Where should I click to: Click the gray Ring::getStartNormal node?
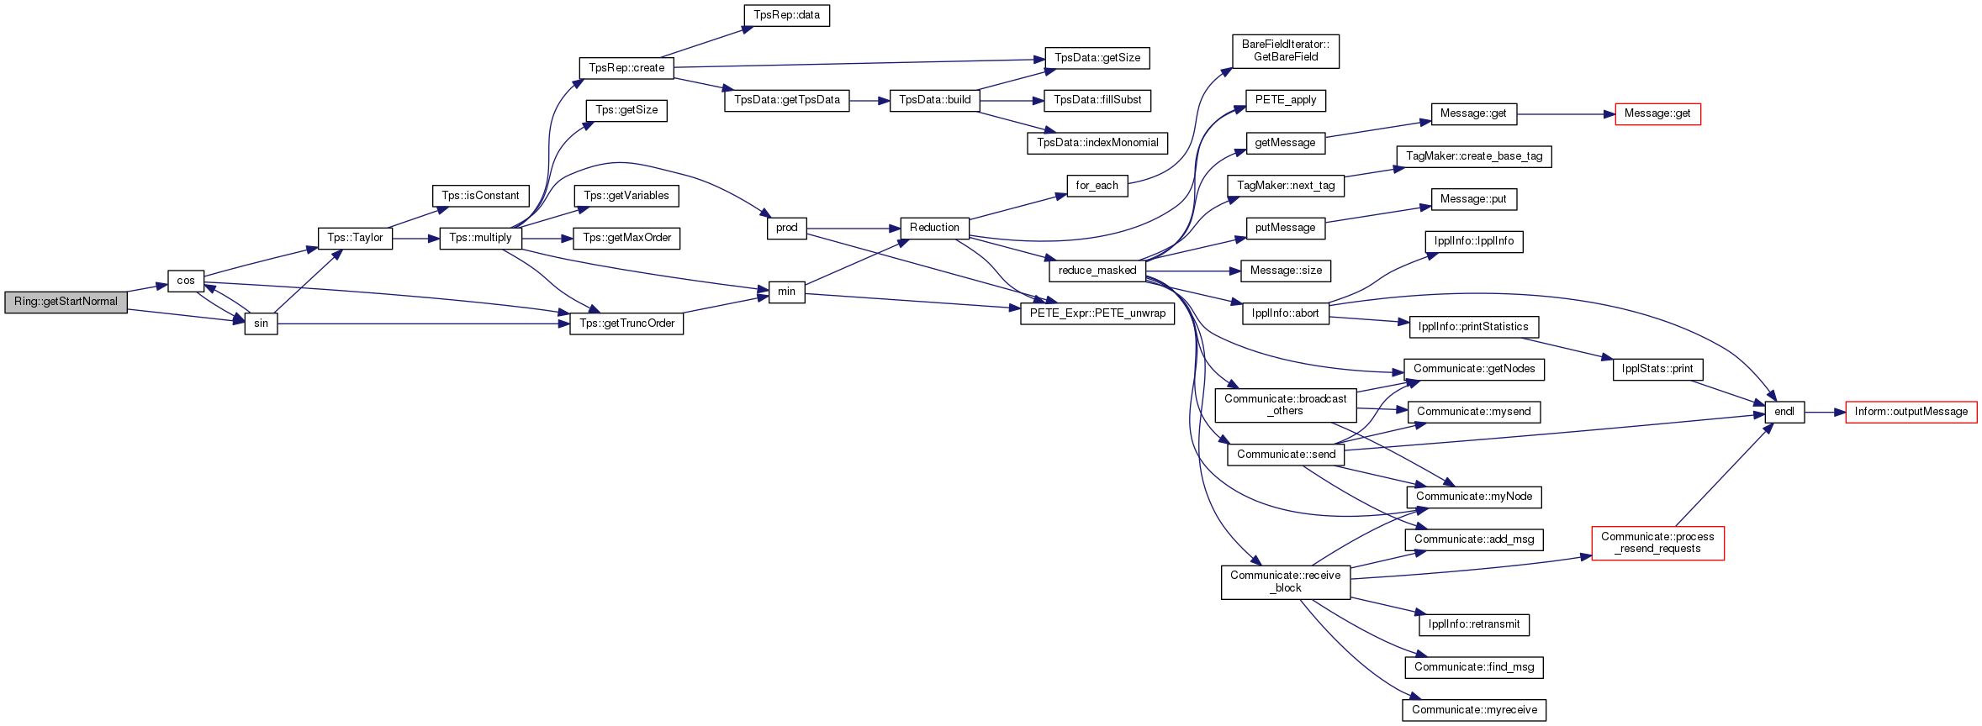click(66, 302)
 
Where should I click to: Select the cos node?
click(186, 281)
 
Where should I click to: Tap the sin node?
click(261, 324)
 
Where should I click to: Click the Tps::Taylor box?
click(355, 238)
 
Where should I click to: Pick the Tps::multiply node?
click(480, 238)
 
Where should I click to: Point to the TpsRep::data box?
click(786, 15)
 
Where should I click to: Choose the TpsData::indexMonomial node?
click(1097, 143)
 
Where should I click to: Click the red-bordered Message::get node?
click(1657, 113)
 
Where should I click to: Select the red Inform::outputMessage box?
click(1911, 412)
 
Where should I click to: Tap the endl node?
click(1784, 412)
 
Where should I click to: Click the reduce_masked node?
click(1097, 271)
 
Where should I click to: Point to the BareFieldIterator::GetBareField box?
click(1286, 51)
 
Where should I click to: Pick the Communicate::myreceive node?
click(1474, 710)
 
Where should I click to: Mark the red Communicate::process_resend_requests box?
click(1657, 543)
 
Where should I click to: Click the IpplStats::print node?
click(1657, 369)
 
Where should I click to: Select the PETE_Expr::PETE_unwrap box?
click(1097, 313)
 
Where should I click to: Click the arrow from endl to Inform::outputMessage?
click(1825, 413)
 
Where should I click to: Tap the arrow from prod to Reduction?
click(854, 228)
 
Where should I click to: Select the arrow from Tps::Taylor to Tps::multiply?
click(416, 239)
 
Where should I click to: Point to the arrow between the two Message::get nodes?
click(1566, 114)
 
